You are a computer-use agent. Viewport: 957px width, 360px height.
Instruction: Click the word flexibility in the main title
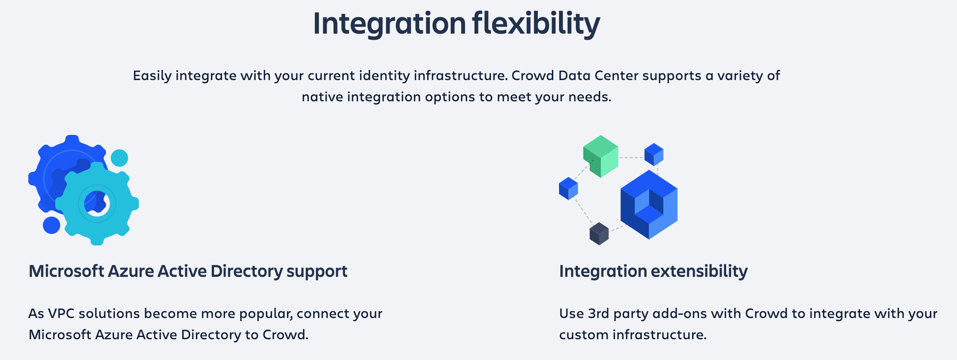[x=536, y=23]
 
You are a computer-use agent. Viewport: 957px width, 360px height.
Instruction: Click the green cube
[x=601, y=156]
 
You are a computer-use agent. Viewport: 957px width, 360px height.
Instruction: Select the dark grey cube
[x=599, y=234]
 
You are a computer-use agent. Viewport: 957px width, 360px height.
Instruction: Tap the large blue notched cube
[x=649, y=205]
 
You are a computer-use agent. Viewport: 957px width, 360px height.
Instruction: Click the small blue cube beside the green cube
[x=654, y=154]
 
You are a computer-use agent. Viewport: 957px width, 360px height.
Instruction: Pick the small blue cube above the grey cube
[x=568, y=188]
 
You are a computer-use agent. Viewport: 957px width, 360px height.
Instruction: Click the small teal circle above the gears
[x=119, y=158]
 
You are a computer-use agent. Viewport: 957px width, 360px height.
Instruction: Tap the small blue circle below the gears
[x=51, y=225]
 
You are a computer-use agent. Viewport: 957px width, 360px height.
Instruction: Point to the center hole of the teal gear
[x=97, y=203]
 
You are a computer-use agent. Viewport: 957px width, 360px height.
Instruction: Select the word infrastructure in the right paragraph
[x=659, y=335]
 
